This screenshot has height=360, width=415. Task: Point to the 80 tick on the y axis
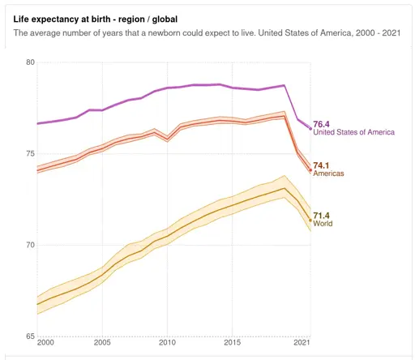(x=30, y=62)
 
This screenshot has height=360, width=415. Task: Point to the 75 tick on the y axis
(x=30, y=154)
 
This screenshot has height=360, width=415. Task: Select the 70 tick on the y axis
(x=30, y=245)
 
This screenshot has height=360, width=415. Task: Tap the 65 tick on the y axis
(x=30, y=336)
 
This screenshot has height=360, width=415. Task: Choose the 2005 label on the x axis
(x=102, y=345)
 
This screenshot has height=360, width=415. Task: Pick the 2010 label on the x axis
(x=167, y=345)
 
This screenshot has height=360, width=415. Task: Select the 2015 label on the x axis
(x=232, y=345)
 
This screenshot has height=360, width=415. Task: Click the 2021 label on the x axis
(x=302, y=345)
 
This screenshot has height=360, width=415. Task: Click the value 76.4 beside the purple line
(x=323, y=124)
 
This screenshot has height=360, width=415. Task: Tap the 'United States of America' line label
(x=353, y=132)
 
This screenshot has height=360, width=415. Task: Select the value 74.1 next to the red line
(x=323, y=165)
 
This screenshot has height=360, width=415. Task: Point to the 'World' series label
(x=323, y=224)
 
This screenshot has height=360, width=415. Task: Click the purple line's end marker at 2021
(x=310, y=129)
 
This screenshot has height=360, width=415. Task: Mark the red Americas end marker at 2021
(x=310, y=170)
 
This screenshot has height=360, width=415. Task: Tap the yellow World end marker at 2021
(x=310, y=220)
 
